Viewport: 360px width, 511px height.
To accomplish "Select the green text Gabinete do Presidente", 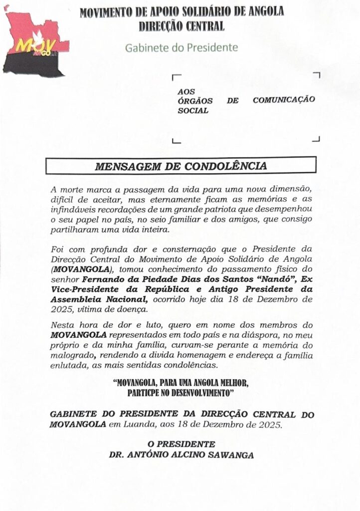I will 181,48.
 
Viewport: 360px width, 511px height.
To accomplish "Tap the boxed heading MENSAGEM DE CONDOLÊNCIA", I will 180,166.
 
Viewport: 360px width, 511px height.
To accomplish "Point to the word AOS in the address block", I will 186,91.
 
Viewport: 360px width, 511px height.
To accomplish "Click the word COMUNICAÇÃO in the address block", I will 284,99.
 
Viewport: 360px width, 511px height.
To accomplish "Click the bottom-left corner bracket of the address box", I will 175,141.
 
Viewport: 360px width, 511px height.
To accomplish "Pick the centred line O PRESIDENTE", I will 181,444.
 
